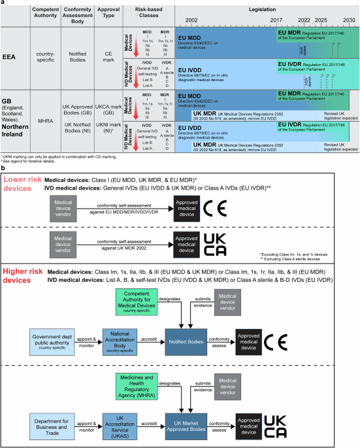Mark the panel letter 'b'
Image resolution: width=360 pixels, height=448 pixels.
pyautogui.click(x=3, y=167)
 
